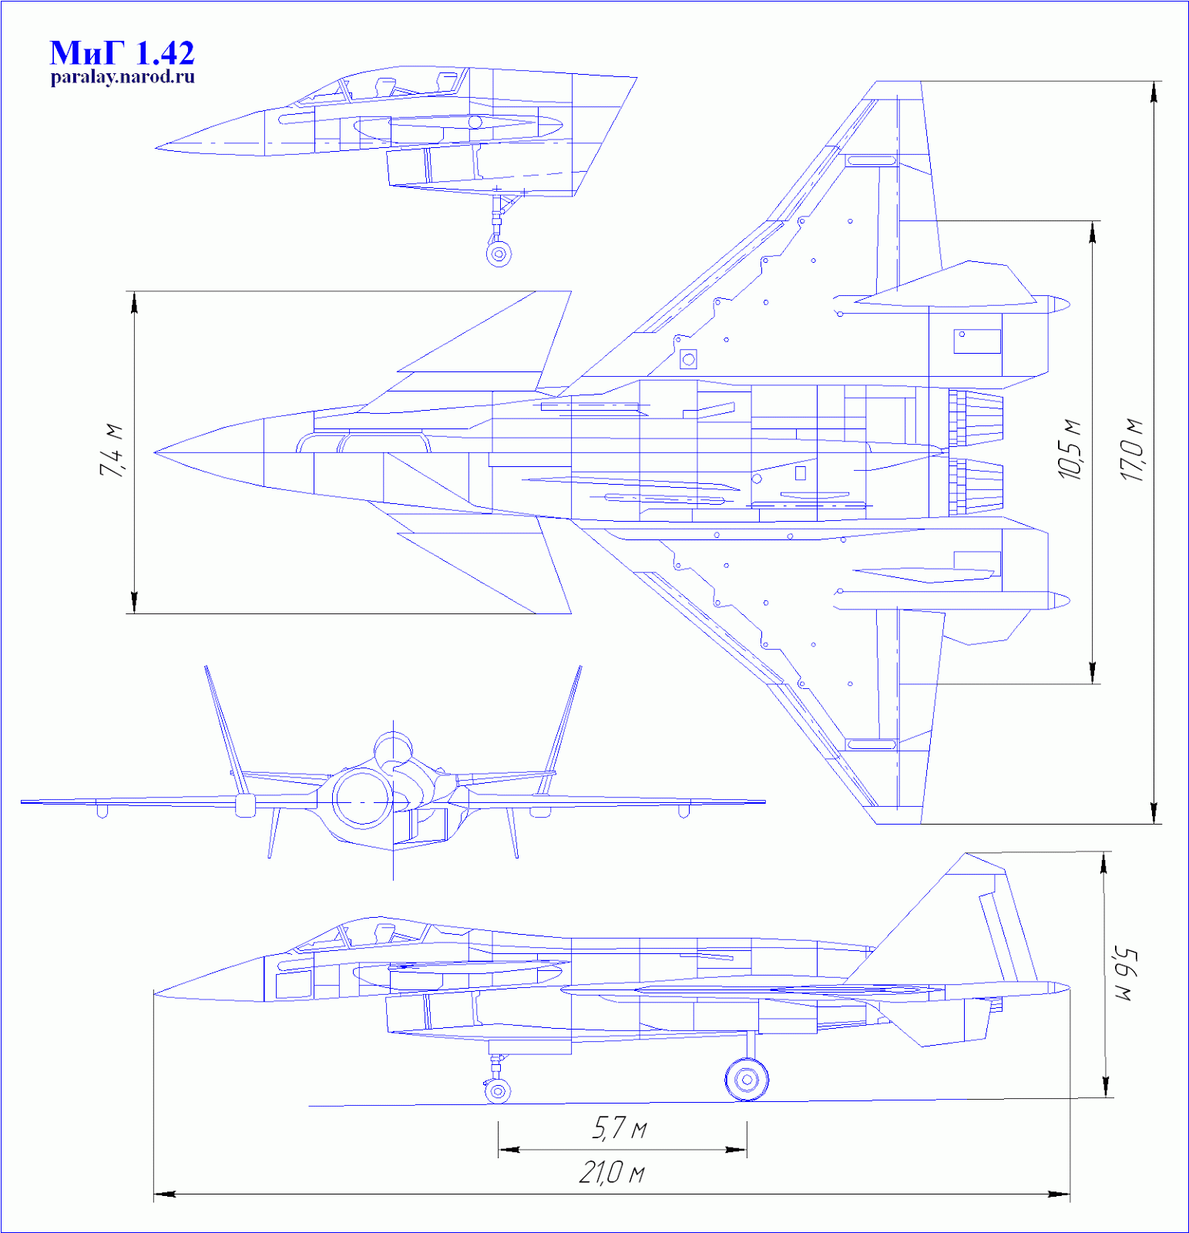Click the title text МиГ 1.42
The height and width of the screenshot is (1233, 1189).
122,53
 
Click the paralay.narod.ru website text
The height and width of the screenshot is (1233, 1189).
123,77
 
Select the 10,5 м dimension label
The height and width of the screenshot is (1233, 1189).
1070,451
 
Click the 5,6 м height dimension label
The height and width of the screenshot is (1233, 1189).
1123,976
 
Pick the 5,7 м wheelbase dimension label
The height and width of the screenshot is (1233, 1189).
620,1129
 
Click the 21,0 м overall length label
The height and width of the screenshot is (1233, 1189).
612,1174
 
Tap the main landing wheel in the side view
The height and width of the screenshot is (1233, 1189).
747,1080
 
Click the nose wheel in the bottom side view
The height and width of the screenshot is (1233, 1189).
498,1091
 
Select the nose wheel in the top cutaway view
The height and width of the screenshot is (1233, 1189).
499,254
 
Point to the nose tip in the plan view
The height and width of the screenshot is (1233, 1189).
156,452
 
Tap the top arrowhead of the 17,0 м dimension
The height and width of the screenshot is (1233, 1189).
1154,92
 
